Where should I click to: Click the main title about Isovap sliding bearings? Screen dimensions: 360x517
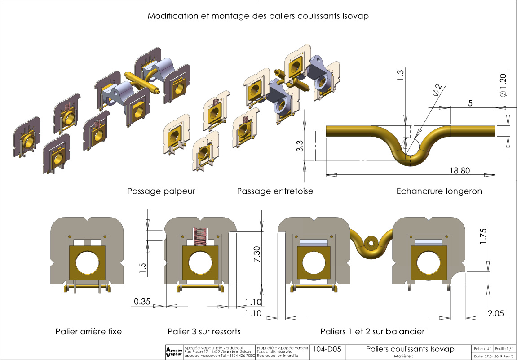[258, 16]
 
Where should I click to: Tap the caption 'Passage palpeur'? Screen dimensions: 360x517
[161, 191]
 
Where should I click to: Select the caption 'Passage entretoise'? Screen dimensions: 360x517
[275, 191]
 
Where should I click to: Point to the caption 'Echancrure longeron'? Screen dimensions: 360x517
[439, 191]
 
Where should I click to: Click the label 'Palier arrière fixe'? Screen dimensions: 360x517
[88, 332]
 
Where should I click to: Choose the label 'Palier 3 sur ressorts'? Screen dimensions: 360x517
[204, 332]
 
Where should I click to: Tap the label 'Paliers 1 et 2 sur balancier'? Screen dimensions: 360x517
[372, 332]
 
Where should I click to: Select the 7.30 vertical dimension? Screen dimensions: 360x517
[256, 258]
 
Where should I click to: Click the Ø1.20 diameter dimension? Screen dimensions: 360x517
[504, 84]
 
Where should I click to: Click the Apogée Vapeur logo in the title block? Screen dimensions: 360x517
[174, 352]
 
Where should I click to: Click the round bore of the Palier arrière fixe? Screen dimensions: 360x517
[88, 263]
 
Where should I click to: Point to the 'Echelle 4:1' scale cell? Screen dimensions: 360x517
[481, 349]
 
